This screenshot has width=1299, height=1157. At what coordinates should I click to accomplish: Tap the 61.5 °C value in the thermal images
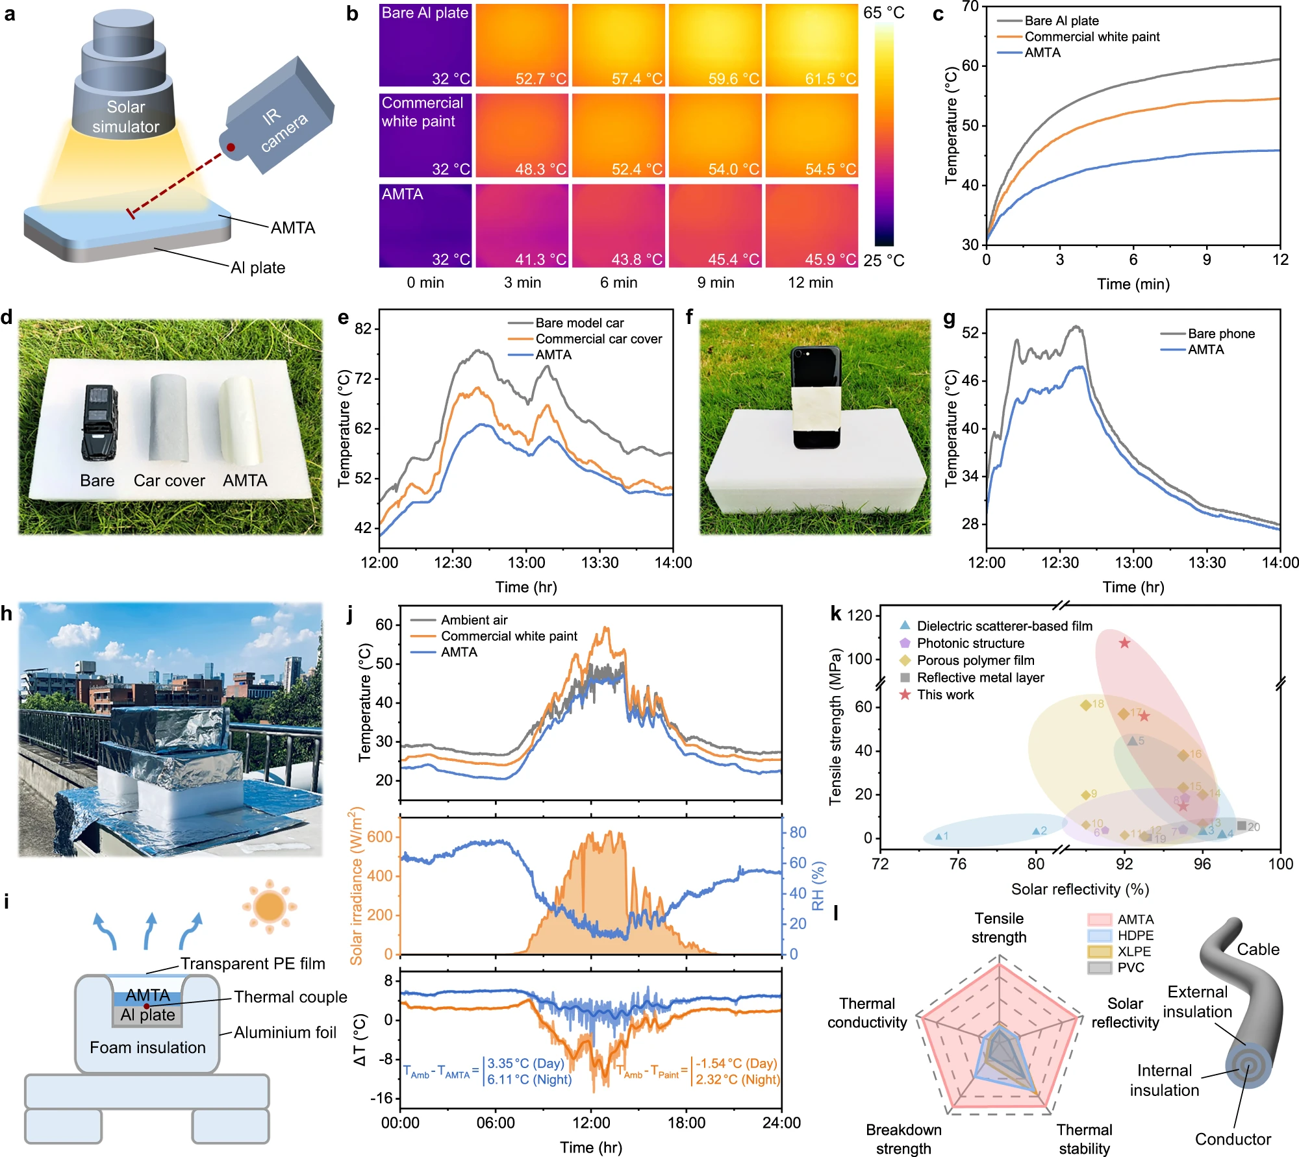point(830,79)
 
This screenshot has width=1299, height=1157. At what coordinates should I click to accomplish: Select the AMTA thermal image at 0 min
point(425,225)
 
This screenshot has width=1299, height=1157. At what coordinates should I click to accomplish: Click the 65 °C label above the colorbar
point(883,13)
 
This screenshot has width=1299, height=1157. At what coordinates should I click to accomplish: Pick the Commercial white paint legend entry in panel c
point(1092,37)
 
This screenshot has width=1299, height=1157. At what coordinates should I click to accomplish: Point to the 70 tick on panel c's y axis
point(970,6)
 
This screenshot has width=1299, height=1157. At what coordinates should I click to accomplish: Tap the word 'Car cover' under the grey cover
point(169,480)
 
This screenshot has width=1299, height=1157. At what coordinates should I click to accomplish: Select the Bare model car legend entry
point(579,323)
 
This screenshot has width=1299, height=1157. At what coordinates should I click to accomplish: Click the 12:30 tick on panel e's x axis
point(453,562)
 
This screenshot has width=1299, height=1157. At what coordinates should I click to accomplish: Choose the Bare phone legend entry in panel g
point(1221,334)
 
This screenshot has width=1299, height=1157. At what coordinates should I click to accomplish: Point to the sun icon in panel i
point(270,906)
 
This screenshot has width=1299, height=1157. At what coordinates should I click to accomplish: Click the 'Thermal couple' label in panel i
point(290,997)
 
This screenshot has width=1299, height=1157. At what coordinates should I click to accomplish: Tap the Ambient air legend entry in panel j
point(474,620)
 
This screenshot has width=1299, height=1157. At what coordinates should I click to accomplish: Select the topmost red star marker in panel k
point(1124,643)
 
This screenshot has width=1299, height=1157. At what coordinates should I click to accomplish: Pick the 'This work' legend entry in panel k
point(945,695)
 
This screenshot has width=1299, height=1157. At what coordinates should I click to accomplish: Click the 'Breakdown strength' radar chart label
point(903,1139)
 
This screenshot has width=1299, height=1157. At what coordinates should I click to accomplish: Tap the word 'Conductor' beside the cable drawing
point(1233,1139)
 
